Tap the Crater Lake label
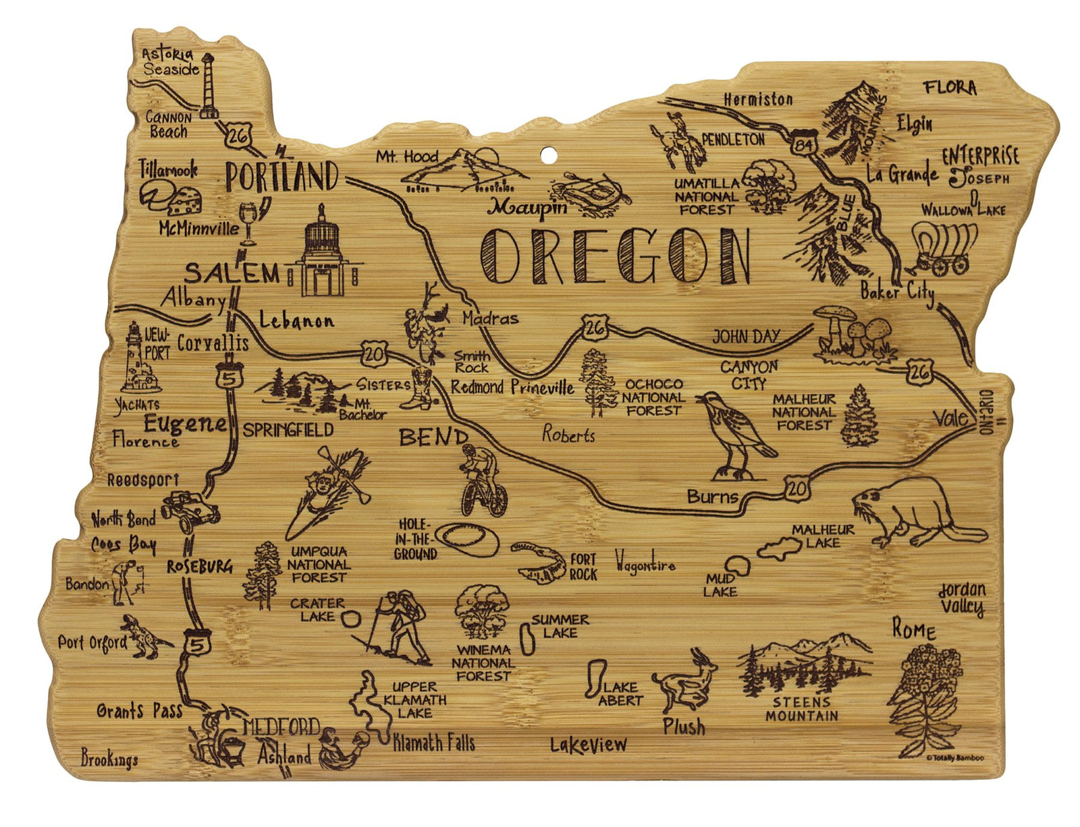[x=317, y=609]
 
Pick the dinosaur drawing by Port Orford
[x=145, y=635]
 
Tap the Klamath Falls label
[x=433, y=743]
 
